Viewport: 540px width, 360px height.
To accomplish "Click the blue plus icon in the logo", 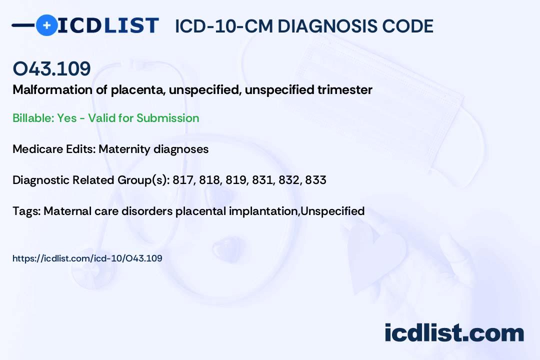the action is tap(46, 25).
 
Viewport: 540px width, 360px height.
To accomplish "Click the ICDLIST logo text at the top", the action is tap(108, 25).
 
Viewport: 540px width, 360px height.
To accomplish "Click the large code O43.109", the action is tap(51, 68).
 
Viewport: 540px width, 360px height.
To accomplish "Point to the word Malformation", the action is tap(52, 90).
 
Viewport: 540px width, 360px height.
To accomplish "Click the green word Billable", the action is tap(33, 118).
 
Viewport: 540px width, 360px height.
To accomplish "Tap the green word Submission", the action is tap(167, 118).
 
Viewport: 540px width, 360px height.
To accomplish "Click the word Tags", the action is tap(27, 211).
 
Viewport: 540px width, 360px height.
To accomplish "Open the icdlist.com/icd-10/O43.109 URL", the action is tap(87, 258).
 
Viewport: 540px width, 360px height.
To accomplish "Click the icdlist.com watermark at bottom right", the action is tap(454, 333).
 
